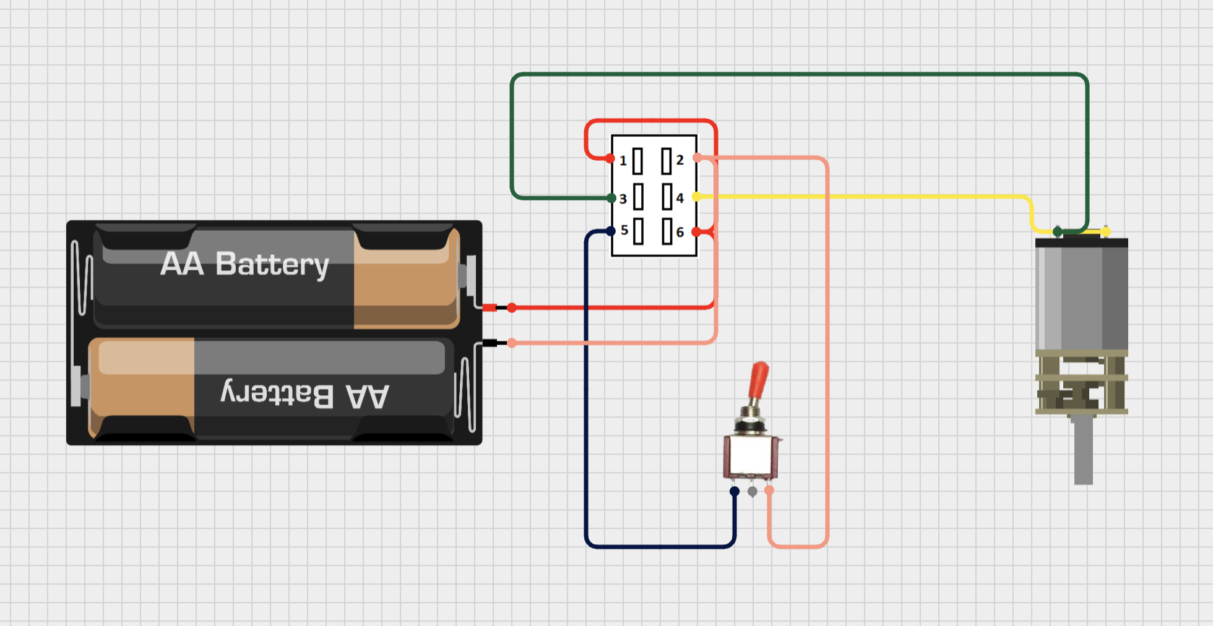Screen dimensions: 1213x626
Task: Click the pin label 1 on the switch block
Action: pos(623,161)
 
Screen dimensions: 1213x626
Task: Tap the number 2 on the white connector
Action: pos(680,160)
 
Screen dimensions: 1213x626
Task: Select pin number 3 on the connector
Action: pos(623,199)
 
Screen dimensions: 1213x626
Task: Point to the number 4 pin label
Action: pos(680,198)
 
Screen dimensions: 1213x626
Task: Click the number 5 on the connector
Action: pos(624,230)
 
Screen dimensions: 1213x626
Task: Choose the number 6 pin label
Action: pos(680,232)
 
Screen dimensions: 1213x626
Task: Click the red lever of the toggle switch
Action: pos(758,380)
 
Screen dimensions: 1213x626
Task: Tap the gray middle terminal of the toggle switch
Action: pos(752,492)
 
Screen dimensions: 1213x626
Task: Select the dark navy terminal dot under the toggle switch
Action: pos(735,492)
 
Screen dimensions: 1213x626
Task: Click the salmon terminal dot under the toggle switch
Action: pos(769,490)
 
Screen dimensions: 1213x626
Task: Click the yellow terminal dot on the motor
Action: pos(1105,231)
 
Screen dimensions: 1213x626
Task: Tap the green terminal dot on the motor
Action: pos(1058,232)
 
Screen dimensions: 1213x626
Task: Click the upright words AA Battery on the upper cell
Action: pos(244,265)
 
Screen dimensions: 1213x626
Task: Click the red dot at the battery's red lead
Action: pos(512,307)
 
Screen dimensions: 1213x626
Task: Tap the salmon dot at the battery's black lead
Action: pos(512,343)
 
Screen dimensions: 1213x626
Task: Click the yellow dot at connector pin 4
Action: pos(696,197)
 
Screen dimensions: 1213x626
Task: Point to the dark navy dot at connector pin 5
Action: pos(611,231)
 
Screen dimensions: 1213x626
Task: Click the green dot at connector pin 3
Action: pos(611,199)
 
